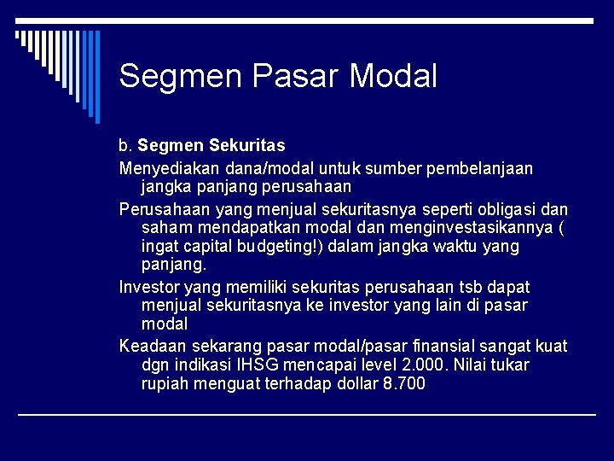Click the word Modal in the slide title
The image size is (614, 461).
point(393,76)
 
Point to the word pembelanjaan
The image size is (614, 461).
point(483,168)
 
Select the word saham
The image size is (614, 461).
point(167,228)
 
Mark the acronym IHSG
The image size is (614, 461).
point(253,365)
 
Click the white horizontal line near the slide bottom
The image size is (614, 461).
point(307,415)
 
